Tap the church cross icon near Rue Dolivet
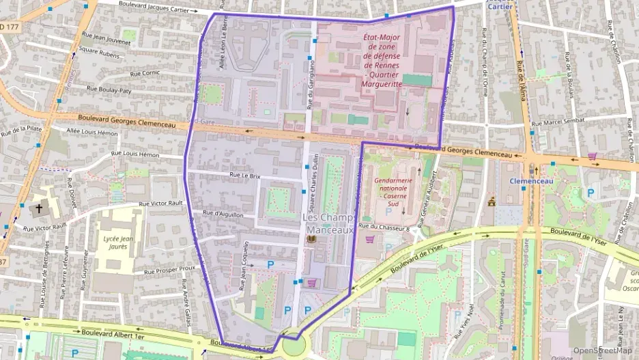coord(39,209)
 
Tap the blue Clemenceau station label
coord(531,182)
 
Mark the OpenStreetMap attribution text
coord(602,350)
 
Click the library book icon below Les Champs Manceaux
coord(312,242)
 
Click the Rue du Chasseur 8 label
coord(384,226)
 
